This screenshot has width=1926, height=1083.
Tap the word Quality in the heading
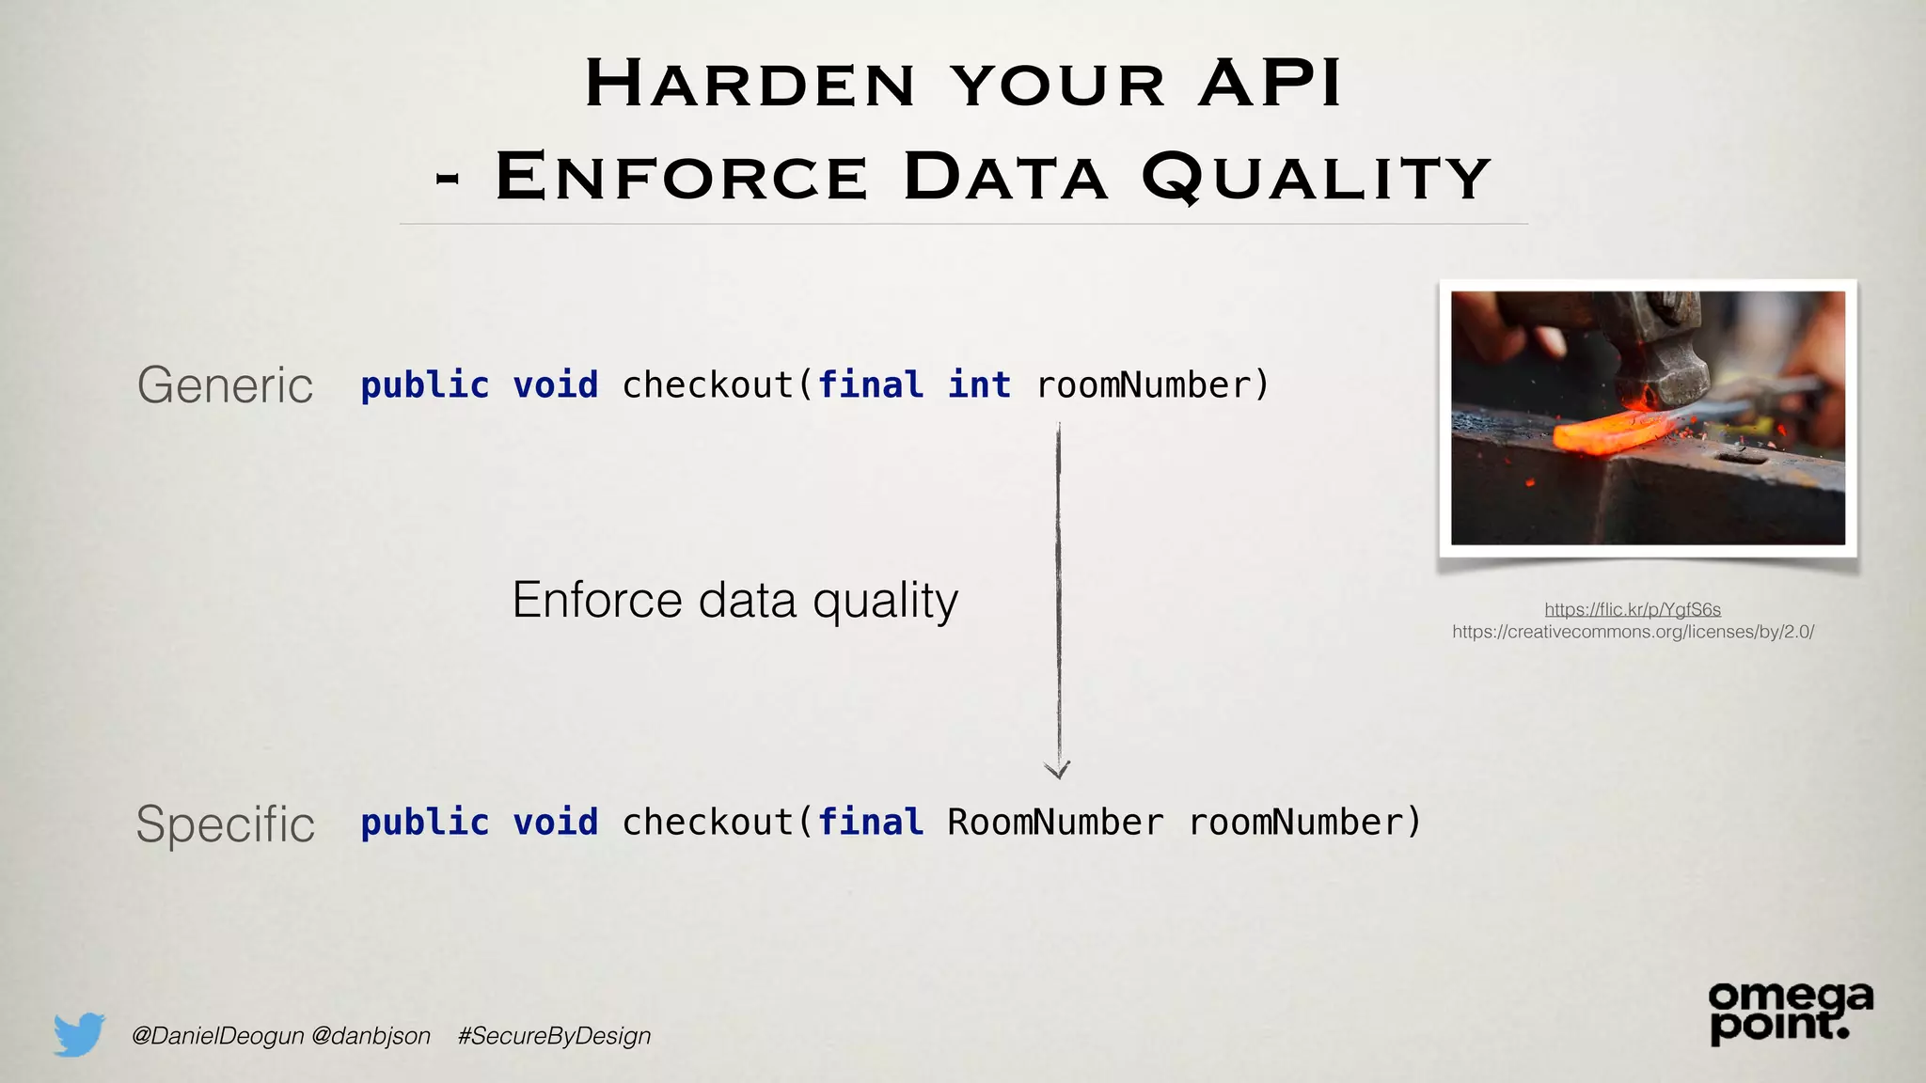coord(1316,177)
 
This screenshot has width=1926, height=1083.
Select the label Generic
coord(225,385)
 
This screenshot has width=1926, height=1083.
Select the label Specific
coord(225,824)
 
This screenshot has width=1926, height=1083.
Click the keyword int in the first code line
coord(979,385)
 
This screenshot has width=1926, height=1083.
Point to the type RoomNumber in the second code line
coord(1055,823)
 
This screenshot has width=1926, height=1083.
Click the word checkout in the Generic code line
coord(707,385)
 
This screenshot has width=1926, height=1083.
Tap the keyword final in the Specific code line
coord(871,823)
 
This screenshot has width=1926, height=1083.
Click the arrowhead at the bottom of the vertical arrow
coord(1058,770)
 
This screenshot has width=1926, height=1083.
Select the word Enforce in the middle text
coord(596,600)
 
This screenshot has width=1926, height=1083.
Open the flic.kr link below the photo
coord(1633,609)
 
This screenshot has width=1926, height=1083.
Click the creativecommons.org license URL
coord(1633,632)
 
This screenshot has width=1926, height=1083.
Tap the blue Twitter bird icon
coord(79,1034)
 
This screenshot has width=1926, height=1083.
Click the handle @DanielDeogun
coord(217,1036)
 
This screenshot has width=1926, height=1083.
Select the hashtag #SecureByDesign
coord(554,1036)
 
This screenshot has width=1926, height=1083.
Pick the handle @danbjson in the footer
coord(371,1036)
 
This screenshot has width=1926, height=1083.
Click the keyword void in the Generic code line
coord(555,385)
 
